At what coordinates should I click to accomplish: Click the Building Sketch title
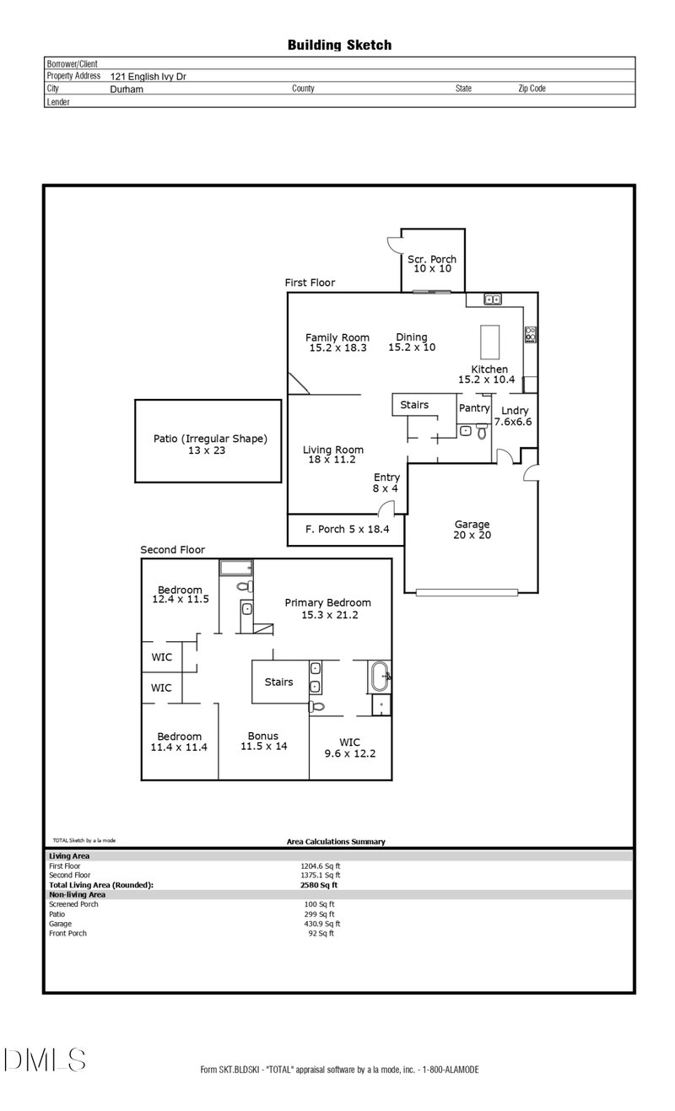click(x=339, y=46)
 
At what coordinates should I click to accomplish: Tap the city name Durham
click(x=127, y=89)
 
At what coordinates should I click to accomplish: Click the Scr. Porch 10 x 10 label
click(x=432, y=264)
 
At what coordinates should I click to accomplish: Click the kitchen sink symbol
click(x=493, y=299)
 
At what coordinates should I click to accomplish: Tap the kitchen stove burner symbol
click(x=532, y=334)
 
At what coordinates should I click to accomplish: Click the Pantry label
click(x=474, y=408)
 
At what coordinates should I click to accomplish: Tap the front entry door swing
click(x=386, y=508)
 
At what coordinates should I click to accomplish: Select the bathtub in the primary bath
click(x=381, y=676)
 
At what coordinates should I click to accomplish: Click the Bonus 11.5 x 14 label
click(x=263, y=741)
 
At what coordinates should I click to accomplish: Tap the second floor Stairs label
click(x=278, y=682)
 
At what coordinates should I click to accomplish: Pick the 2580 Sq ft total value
click(x=319, y=885)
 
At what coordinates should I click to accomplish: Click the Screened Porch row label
click(x=73, y=904)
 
